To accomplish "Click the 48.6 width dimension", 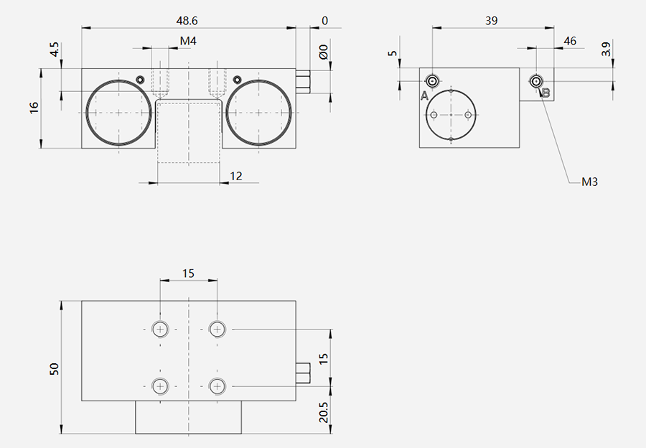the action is pos(187,20).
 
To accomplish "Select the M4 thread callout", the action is pos(188,41).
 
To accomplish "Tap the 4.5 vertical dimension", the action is pos(55,50).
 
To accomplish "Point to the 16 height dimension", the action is pos(34,108).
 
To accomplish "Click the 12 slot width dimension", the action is pos(235,176).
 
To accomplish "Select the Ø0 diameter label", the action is pos(324,52).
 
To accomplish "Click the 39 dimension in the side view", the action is pos(492,20).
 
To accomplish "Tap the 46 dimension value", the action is pos(570,41).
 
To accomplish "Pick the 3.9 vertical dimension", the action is pos(606,50).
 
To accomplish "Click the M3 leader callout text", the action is pos(589,182).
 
